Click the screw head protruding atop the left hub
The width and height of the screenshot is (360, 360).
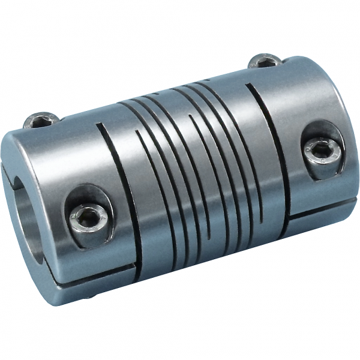click(x=41, y=121)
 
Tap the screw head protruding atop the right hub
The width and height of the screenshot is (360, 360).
click(x=265, y=61)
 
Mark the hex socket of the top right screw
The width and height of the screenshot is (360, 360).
click(x=264, y=59)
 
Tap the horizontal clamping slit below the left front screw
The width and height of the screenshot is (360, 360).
click(x=90, y=269)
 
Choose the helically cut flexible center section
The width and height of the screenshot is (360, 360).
click(x=198, y=168)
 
